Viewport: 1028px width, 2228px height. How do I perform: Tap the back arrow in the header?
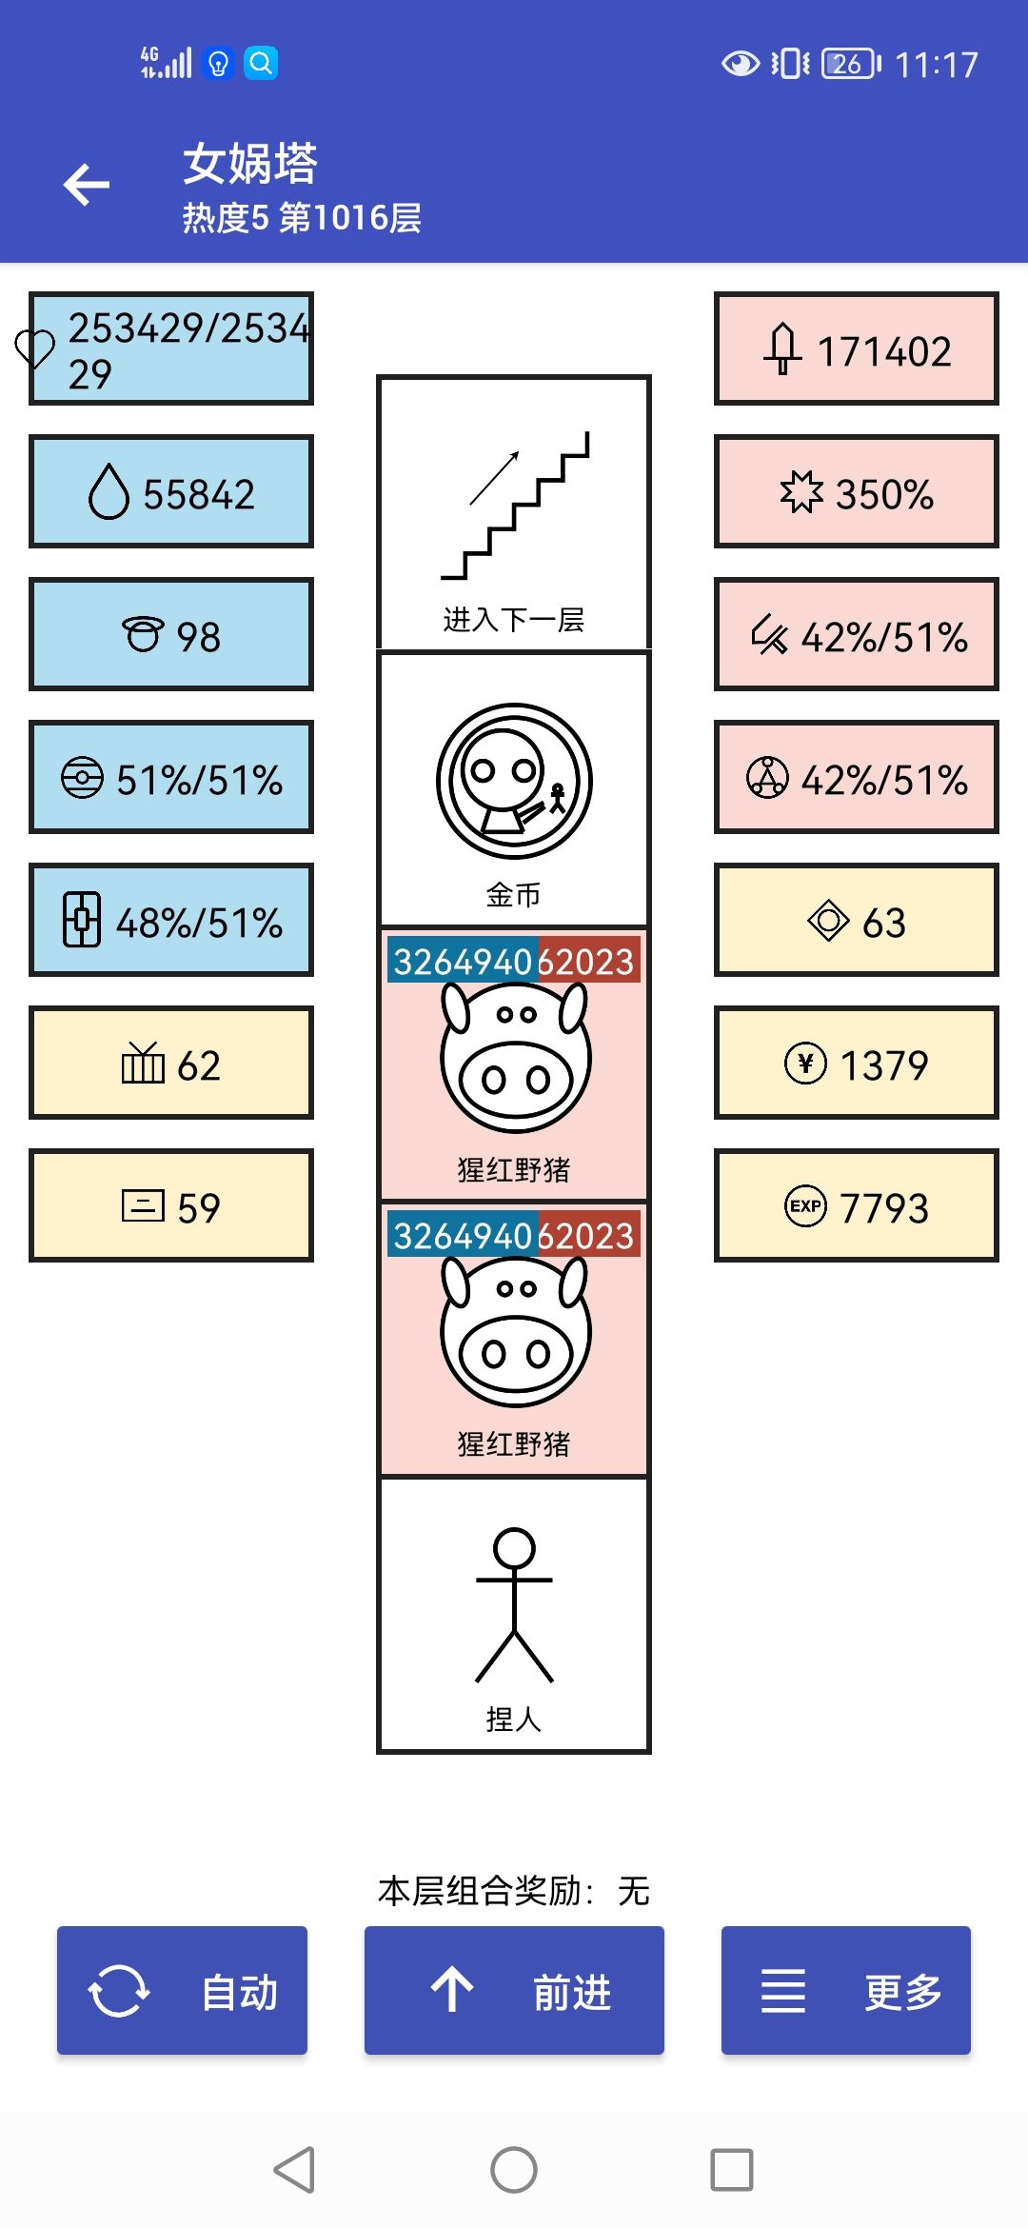[x=87, y=185]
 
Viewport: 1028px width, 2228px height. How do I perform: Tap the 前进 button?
[x=514, y=1990]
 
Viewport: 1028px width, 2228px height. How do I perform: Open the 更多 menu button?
[x=846, y=1990]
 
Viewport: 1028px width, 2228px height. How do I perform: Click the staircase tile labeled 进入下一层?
[x=514, y=513]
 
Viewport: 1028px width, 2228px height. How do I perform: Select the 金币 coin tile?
[x=514, y=789]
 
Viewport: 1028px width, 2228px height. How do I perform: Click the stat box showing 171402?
[x=857, y=348]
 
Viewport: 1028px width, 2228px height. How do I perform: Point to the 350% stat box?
[x=857, y=491]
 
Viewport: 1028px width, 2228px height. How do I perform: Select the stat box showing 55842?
[x=171, y=491]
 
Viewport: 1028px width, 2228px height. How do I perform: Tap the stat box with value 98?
[x=171, y=634]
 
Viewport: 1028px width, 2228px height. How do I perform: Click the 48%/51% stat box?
[x=171, y=920]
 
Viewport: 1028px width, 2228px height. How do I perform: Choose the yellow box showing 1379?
[x=857, y=1063]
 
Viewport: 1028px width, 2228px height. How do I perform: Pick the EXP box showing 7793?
[x=857, y=1205]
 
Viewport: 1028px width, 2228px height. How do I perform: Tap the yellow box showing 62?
[x=171, y=1063]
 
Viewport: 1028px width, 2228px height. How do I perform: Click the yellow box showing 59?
[x=171, y=1205]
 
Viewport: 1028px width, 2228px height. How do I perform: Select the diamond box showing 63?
[x=857, y=920]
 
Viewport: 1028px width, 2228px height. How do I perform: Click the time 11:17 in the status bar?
[x=937, y=65]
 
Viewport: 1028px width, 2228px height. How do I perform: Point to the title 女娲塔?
[x=250, y=163]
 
